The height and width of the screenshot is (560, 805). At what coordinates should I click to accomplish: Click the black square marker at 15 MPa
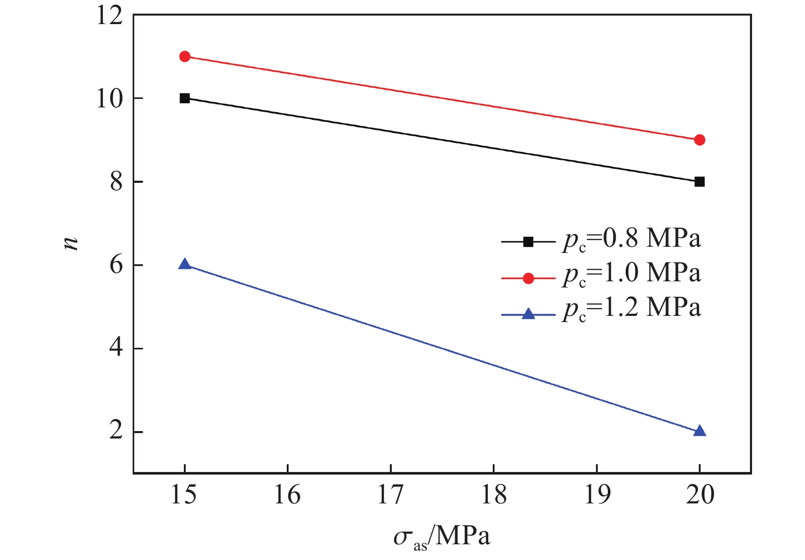click(185, 98)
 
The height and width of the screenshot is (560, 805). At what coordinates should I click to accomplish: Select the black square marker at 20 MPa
click(699, 182)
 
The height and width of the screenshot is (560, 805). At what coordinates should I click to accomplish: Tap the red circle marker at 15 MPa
click(185, 57)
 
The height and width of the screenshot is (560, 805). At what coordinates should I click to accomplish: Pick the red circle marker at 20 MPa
click(699, 140)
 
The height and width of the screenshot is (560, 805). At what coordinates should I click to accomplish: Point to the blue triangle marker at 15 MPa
click(185, 264)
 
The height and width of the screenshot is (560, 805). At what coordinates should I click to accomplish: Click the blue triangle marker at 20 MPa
click(699, 431)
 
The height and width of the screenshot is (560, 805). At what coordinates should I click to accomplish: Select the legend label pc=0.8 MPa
click(631, 239)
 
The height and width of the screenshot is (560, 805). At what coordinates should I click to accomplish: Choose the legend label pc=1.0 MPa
click(631, 274)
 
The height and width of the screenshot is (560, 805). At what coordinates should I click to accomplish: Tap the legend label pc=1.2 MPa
click(631, 309)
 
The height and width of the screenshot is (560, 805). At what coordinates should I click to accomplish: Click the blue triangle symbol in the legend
click(528, 314)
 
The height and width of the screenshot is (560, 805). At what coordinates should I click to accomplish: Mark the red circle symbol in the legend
click(528, 278)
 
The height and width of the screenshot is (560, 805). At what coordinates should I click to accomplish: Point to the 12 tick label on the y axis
click(109, 16)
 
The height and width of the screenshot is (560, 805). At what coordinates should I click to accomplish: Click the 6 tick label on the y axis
click(116, 265)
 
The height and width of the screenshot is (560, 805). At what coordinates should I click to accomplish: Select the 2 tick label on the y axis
click(116, 432)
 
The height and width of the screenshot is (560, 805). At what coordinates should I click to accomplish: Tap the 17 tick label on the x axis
click(391, 495)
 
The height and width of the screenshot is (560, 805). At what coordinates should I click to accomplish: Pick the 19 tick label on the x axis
click(597, 495)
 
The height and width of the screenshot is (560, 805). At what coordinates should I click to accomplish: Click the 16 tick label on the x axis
click(287, 495)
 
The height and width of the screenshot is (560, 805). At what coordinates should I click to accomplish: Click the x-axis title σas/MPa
click(442, 537)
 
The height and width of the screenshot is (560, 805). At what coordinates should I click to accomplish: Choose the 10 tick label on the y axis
click(109, 98)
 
